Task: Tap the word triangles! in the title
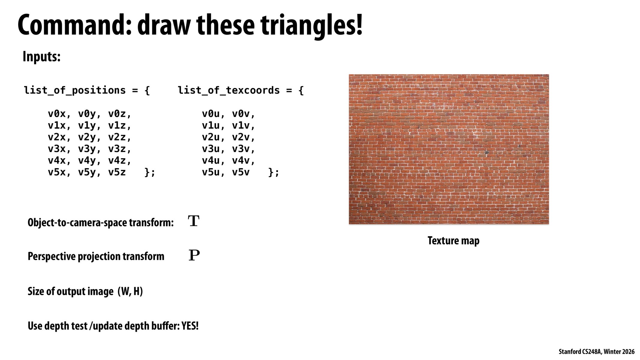click(x=312, y=25)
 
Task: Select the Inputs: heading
click(x=41, y=56)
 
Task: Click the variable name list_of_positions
click(x=75, y=90)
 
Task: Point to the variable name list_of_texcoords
click(x=229, y=90)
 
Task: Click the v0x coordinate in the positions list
click(x=57, y=114)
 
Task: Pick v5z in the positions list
click(x=117, y=172)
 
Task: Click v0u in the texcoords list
click(x=211, y=114)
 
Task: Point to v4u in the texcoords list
click(x=211, y=161)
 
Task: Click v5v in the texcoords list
click(x=241, y=172)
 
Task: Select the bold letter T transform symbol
click(x=194, y=221)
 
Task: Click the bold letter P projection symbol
click(x=194, y=255)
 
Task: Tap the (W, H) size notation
click(x=130, y=291)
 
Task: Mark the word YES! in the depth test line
click(x=190, y=326)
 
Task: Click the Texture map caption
click(x=453, y=241)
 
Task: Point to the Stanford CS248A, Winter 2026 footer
click(x=596, y=352)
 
